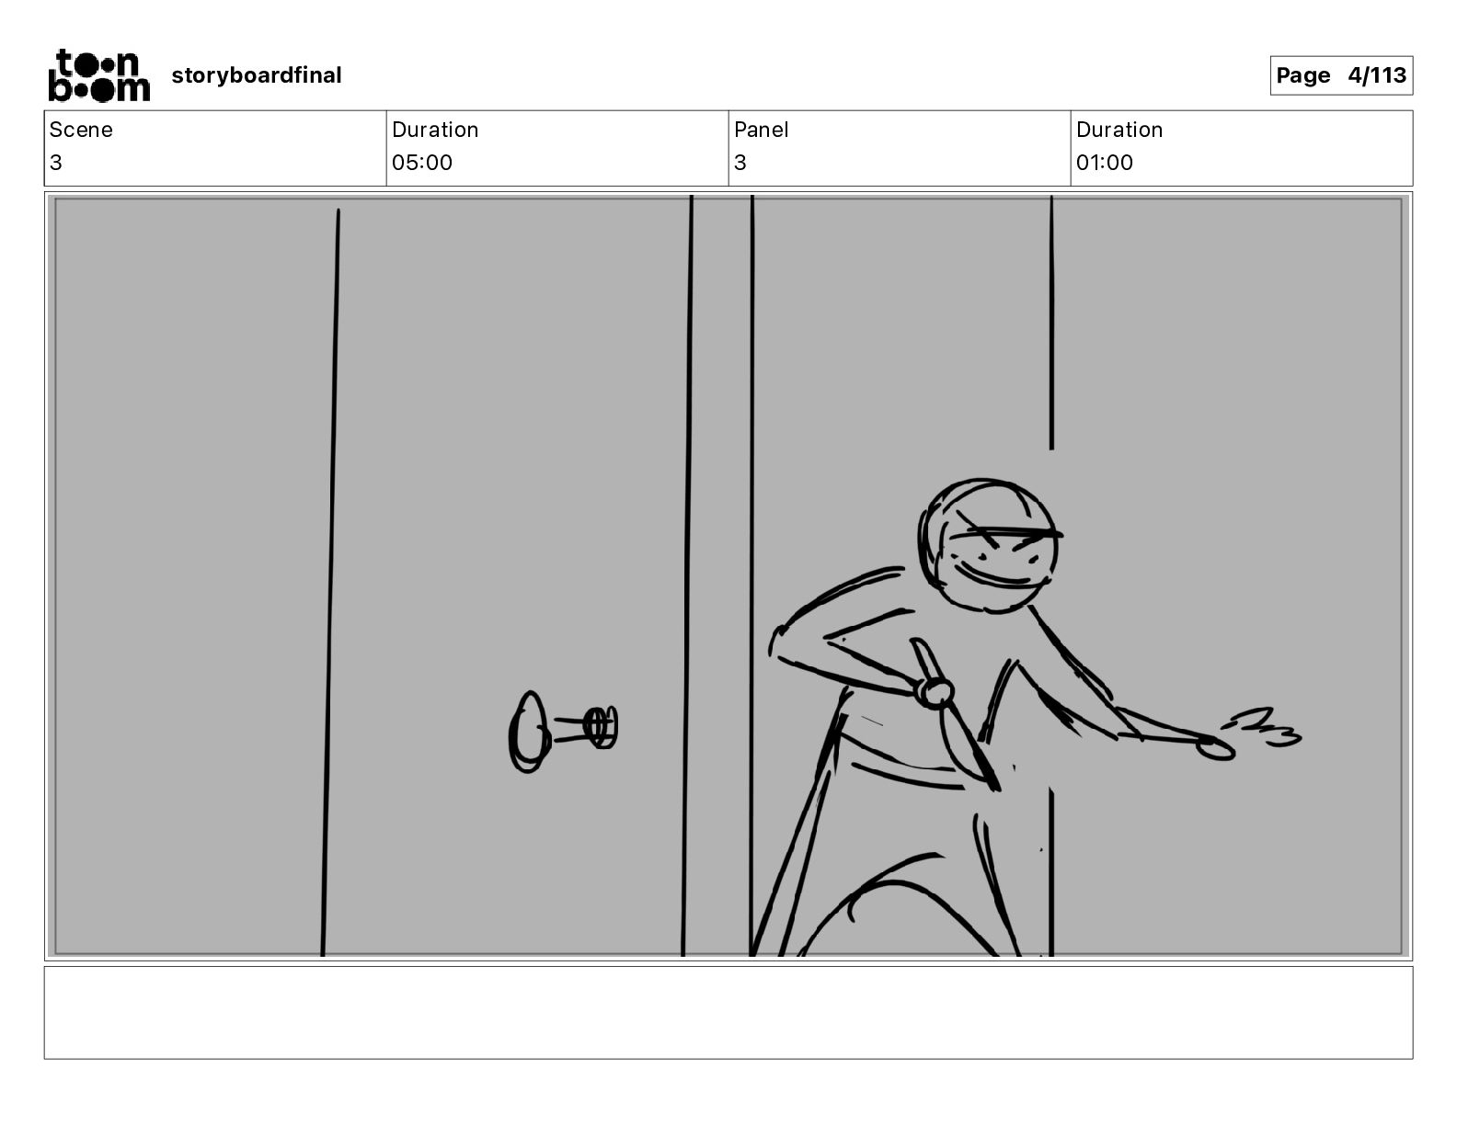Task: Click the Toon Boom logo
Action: (x=99, y=75)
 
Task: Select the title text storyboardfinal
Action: (x=256, y=75)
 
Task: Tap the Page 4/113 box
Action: (x=1340, y=75)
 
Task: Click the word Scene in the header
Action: (x=80, y=130)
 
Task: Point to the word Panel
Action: (x=761, y=130)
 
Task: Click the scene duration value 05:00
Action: (x=422, y=162)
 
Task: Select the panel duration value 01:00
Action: (x=1105, y=162)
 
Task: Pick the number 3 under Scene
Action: (x=56, y=162)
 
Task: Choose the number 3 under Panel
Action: (x=740, y=162)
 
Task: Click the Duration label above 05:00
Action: (x=435, y=130)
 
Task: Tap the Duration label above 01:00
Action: (x=1119, y=130)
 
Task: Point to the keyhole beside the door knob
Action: (x=600, y=728)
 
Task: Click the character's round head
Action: (x=988, y=545)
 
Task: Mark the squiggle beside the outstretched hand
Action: (x=1261, y=727)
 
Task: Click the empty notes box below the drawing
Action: (x=728, y=1013)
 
